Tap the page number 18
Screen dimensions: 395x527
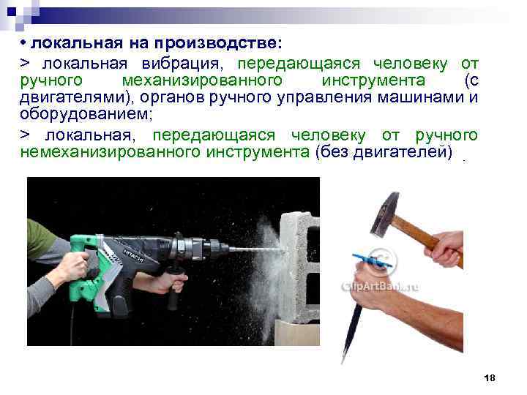click(x=490, y=377)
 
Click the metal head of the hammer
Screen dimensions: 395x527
click(x=386, y=213)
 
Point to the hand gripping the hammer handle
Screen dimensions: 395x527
click(x=445, y=249)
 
